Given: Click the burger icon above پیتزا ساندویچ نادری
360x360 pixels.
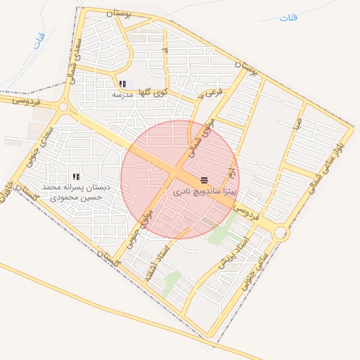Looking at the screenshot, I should click(205, 181).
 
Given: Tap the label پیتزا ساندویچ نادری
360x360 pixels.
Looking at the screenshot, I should click(205, 191).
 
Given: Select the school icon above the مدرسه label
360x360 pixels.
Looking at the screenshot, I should click(122, 84).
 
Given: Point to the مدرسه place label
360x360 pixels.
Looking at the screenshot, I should click(123, 94).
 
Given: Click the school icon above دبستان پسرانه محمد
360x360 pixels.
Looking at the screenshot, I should click(76, 176).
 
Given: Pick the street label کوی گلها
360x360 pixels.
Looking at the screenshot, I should click(153, 91).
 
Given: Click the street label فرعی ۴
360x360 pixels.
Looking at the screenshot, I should click(210, 92).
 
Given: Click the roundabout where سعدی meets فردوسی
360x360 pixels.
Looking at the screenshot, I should click(63, 107).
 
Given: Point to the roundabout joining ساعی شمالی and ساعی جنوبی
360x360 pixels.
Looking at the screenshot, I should click(281, 232).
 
